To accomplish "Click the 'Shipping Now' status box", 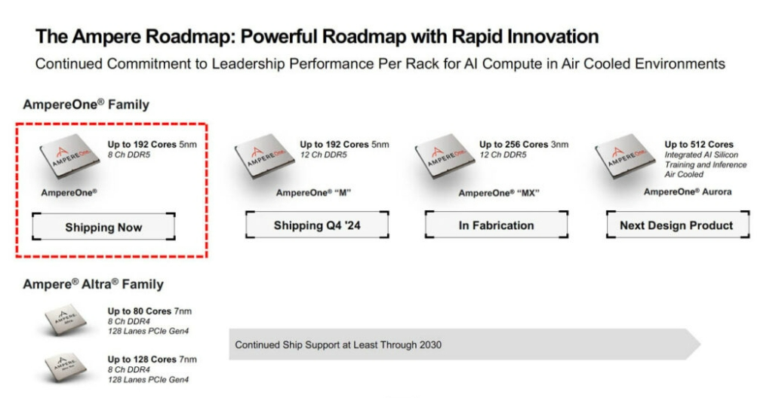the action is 103,227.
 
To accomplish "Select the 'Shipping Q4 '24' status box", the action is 317,225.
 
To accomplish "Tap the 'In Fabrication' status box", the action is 496,225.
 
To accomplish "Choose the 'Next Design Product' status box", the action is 678,225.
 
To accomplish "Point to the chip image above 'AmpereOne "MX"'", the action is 445,156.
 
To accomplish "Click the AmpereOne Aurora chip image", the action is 625,156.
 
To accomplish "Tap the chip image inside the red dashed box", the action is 69,156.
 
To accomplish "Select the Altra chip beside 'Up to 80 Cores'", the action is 66,320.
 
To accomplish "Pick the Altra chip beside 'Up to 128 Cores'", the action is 66,368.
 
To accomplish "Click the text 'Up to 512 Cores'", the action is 699,145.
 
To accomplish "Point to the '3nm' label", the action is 559,145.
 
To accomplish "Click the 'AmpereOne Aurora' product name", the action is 687,191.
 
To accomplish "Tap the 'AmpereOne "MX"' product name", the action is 499,193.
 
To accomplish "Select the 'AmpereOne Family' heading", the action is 86,105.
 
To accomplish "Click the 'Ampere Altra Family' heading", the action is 94,284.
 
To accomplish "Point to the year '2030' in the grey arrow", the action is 430,344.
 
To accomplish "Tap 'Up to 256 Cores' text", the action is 514,145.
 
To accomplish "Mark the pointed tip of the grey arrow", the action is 700,344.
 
